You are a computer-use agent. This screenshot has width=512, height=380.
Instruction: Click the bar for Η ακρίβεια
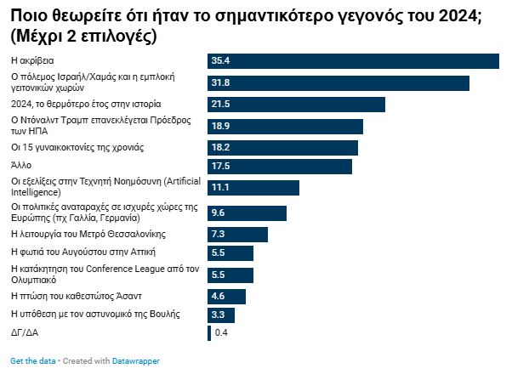353,60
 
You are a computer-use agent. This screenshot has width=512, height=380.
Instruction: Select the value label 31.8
220,82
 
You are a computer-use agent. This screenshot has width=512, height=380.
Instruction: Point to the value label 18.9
220,126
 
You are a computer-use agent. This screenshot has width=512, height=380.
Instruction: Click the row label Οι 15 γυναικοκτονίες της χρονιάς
77,147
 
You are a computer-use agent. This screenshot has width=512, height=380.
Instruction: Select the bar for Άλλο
279,166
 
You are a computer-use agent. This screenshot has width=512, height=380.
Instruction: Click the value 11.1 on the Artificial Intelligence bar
220,187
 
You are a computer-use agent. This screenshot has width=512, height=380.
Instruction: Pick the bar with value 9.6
247,213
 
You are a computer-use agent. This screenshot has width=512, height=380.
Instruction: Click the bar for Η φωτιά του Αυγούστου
230,252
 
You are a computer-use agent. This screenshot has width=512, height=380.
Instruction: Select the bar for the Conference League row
230,275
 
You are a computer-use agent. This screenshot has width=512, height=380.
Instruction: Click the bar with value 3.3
220,315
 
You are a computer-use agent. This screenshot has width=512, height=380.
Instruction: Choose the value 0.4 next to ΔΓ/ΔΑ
221,332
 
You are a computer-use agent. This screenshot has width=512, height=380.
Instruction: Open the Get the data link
31,361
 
